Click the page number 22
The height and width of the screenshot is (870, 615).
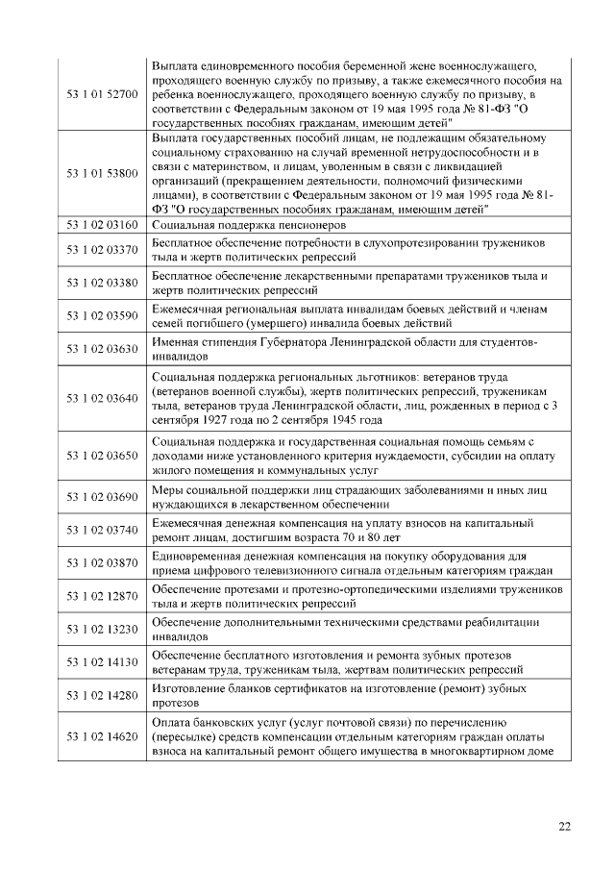pos(564,825)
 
